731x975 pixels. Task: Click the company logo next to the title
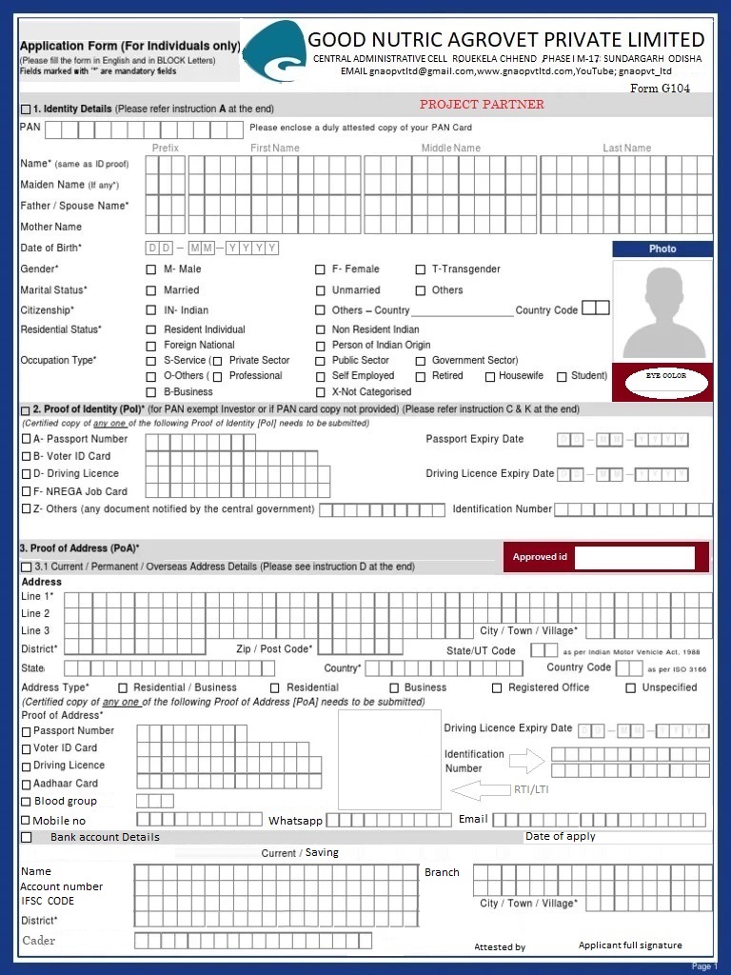tap(274, 52)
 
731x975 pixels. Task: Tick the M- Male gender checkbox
tap(150, 269)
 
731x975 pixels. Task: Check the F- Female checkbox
tap(321, 269)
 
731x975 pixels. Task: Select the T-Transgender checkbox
tap(421, 269)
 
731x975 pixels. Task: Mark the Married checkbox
tap(150, 290)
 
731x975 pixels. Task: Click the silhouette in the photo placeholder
tap(662, 311)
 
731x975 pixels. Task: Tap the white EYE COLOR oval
tap(665, 382)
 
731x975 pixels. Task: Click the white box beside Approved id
tap(635, 557)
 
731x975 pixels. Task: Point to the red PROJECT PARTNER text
tap(482, 105)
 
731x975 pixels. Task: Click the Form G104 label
tap(660, 89)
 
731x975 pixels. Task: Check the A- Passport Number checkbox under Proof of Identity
tap(26, 439)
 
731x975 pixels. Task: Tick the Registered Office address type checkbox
tap(497, 687)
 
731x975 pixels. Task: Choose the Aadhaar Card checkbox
tap(26, 785)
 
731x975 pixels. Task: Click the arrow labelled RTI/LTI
tap(481, 790)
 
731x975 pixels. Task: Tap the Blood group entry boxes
tap(155, 802)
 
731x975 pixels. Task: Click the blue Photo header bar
tap(662, 249)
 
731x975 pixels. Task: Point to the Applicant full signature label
tap(630, 945)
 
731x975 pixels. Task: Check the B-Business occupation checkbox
tap(150, 392)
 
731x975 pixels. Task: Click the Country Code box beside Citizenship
tap(595, 308)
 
